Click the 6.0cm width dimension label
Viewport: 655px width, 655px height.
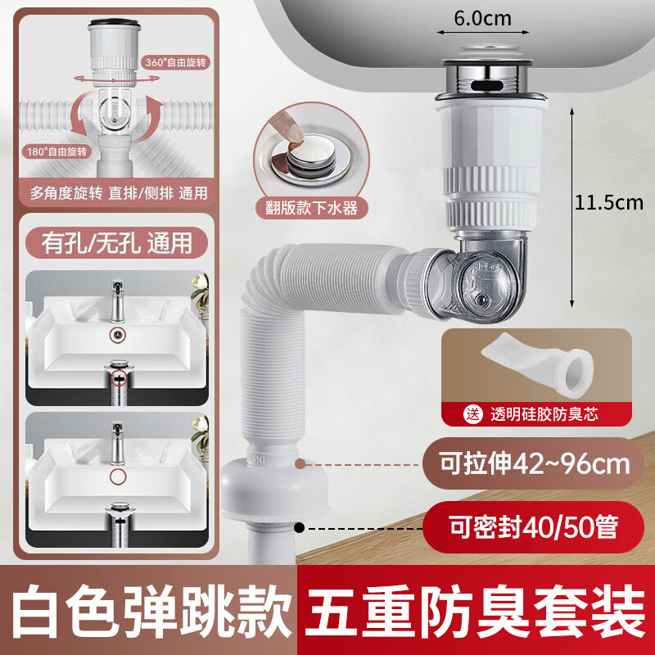click(x=481, y=16)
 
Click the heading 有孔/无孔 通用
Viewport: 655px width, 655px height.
click(x=115, y=243)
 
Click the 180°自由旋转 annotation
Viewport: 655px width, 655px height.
click(x=53, y=152)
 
